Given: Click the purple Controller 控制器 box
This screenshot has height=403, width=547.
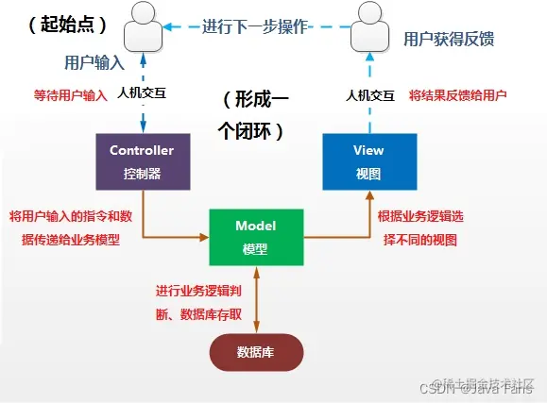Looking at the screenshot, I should [142, 161].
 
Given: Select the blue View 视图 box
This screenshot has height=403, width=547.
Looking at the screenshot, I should [368, 161].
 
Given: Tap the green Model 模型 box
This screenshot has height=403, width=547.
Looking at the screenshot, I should [254, 237].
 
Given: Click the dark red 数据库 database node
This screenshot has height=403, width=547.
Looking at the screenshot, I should [255, 352].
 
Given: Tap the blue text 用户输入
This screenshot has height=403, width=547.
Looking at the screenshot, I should [94, 63].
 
